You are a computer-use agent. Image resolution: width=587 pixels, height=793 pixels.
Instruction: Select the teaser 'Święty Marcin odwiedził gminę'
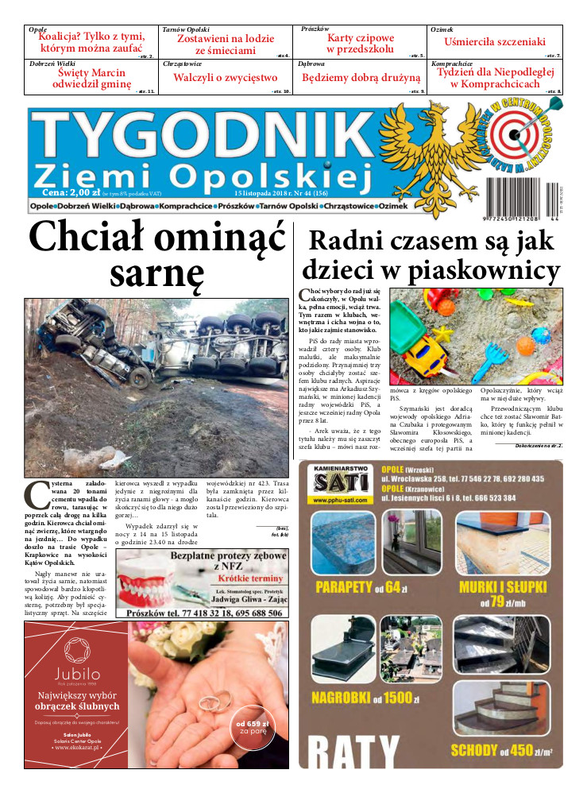(90, 77)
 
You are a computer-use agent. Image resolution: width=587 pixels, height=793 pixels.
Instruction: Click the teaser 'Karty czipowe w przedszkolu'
(360, 43)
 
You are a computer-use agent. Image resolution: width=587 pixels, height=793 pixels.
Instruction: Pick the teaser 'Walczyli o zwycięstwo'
(226, 78)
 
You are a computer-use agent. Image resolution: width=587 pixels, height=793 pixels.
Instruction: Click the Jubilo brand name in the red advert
(77, 675)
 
